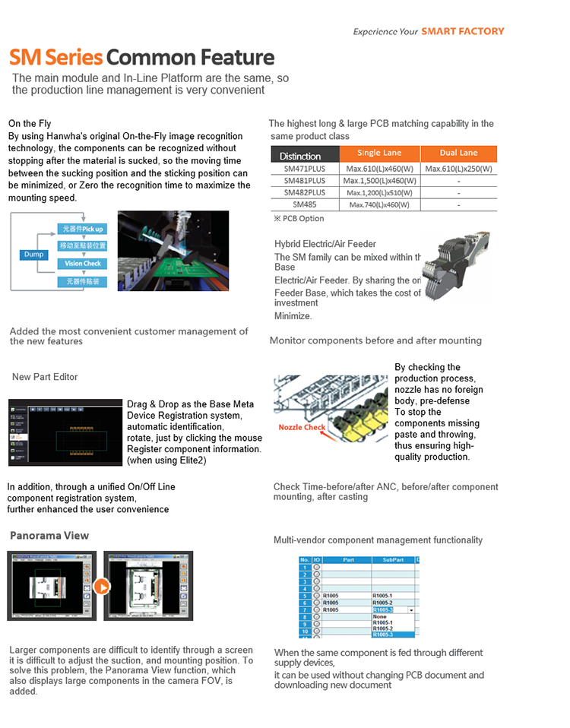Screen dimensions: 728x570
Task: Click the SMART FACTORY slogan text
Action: click(462, 31)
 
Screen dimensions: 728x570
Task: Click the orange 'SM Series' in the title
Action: click(55, 58)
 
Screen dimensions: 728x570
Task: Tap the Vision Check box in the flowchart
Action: click(82, 264)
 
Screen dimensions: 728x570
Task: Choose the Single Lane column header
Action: click(379, 154)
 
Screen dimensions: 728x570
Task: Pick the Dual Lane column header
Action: click(458, 154)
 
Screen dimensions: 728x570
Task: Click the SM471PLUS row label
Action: click(304, 169)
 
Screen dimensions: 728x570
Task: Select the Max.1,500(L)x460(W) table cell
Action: click(379, 181)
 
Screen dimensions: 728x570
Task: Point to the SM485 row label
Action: click(304, 204)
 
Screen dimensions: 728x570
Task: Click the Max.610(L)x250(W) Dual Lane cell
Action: click(458, 169)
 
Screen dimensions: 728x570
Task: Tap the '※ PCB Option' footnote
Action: click(298, 219)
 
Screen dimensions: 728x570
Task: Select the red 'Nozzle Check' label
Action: click(302, 427)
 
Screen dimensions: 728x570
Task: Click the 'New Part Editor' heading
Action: click(45, 377)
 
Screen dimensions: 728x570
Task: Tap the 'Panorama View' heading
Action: click(49, 536)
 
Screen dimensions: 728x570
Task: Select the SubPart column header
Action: click(392, 560)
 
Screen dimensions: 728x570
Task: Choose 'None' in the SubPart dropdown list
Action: click(380, 617)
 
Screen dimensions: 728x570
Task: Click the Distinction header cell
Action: click(300, 155)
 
